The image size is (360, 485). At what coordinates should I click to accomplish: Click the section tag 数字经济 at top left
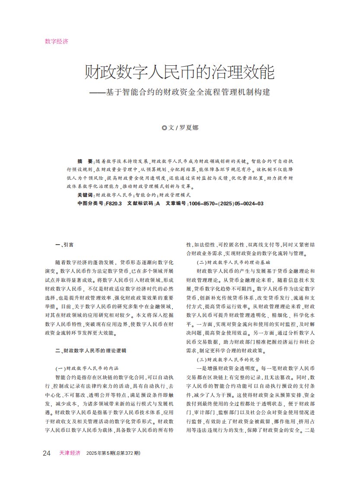(x=57, y=41)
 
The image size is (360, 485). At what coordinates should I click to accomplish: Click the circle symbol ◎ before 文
(x=164, y=128)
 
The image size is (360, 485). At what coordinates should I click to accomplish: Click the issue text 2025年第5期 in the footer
(x=99, y=453)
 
